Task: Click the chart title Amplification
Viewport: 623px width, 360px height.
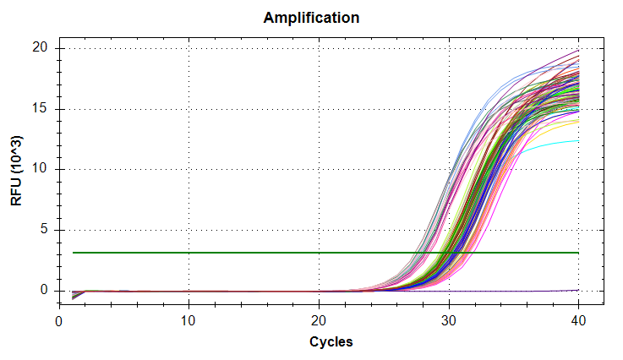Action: point(311,17)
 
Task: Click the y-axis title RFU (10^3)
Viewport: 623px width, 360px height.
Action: point(18,170)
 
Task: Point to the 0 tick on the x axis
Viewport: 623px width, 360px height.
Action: point(58,321)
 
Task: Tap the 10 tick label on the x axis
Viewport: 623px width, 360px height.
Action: point(189,321)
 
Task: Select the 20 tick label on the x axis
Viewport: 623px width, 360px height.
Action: point(319,321)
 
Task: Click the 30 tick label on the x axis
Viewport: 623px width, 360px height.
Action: point(449,321)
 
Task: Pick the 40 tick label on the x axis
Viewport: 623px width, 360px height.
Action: point(578,321)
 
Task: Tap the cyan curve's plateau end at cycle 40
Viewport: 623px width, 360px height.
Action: point(577,141)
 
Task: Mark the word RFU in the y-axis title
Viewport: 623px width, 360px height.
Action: point(18,192)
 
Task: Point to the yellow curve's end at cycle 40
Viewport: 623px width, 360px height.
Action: point(577,121)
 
